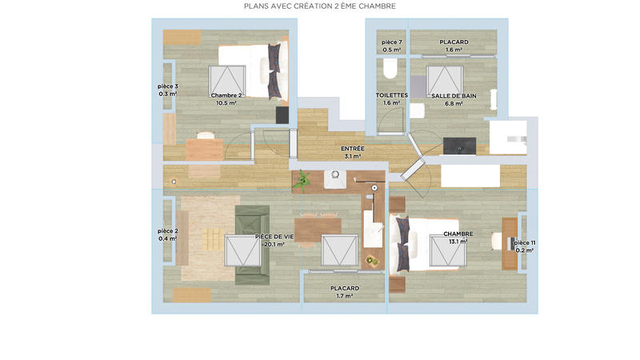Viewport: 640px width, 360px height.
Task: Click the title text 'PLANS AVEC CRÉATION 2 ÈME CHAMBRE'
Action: click(319, 6)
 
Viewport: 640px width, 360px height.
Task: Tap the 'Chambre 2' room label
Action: click(227, 95)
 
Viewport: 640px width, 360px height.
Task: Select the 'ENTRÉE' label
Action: click(353, 149)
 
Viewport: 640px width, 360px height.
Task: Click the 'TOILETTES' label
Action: click(392, 95)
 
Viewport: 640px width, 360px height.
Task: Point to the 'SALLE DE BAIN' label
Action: click(454, 95)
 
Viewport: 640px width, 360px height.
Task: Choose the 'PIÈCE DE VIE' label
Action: click(274, 237)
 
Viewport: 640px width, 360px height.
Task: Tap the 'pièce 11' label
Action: click(524, 242)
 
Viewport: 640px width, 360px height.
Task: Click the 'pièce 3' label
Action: click(168, 86)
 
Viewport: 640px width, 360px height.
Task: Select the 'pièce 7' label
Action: click(391, 42)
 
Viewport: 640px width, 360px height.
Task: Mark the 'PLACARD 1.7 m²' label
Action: click(345, 288)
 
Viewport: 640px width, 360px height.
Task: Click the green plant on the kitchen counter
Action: click(302, 182)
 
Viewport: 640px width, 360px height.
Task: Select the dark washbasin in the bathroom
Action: click(459, 146)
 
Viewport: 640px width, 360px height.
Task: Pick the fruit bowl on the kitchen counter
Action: click(372, 259)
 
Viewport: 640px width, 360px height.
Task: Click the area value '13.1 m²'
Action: click(458, 242)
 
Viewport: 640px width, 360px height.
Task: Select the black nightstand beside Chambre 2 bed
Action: click(282, 115)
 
